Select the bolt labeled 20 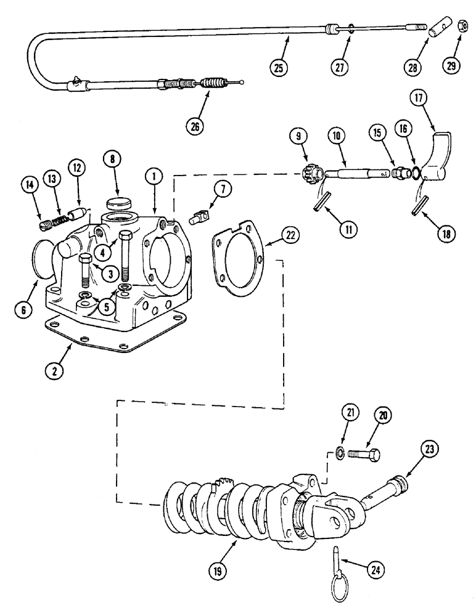pos(364,456)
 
